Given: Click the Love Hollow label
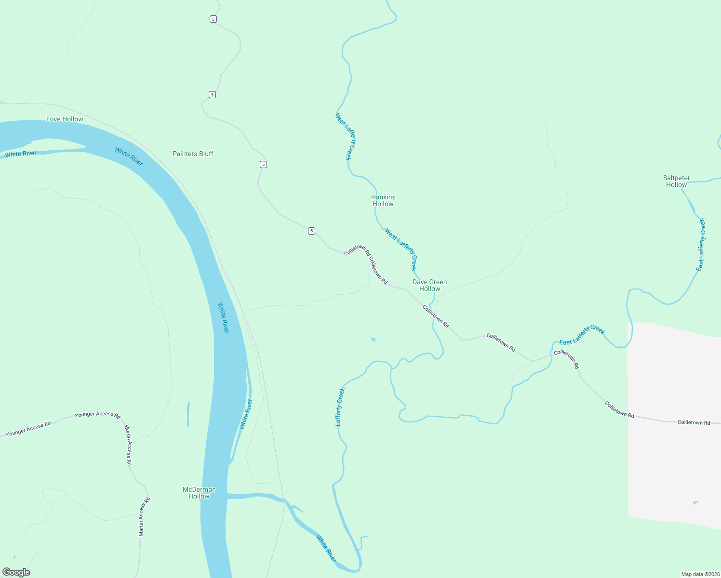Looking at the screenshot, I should tap(65, 119).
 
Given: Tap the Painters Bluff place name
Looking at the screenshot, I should tap(193, 154).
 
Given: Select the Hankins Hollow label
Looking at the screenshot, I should tap(383, 200).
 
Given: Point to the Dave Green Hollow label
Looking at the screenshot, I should tap(429, 285).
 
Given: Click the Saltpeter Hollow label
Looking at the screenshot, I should tap(676, 181).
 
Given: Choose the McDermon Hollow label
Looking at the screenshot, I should tap(199, 493).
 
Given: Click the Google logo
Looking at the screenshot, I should tap(16, 572).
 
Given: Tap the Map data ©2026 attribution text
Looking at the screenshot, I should tap(699, 574).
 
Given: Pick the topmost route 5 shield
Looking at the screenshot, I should tap(213, 19).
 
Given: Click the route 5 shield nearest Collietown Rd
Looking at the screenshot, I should tap(311, 231).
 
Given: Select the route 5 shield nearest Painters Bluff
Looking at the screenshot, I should tap(263, 164).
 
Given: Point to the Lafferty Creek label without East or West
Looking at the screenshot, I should tap(340, 407).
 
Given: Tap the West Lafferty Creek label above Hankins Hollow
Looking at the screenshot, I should tap(346, 136).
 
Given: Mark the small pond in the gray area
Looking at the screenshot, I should tap(695, 502).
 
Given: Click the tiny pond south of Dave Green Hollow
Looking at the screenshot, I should tap(373, 340).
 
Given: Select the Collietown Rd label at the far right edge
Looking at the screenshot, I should tap(694, 422).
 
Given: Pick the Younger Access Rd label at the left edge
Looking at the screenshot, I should tap(28, 429).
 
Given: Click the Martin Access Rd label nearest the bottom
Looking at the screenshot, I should tap(144, 516).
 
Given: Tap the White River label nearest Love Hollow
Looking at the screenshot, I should tap(21, 154).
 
